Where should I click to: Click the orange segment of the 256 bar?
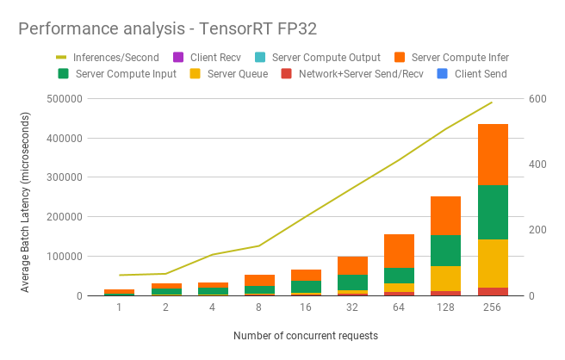pyautogui.click(x=493, y=154)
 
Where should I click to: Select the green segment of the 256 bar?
pyautogui.click(x=493, y=212)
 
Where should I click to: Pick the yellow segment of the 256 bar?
pyautogui.click(x=493, y=264)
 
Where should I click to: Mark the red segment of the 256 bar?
pyautogui.click(x=493, y=291)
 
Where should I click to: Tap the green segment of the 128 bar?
pyautogui.click(x=445, y=251)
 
